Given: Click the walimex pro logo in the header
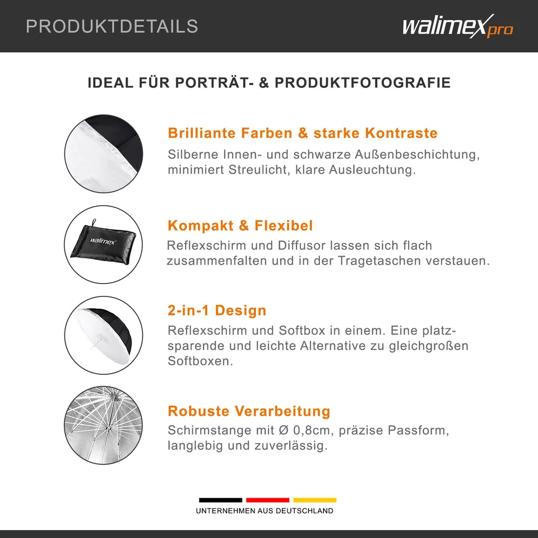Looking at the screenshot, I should (457, 27).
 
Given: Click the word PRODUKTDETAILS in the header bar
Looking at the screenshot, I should (112, 26).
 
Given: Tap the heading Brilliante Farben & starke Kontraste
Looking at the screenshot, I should (303, 133).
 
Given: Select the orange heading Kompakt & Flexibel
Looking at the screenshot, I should (240, 226).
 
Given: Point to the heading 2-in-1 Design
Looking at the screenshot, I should (217, 310).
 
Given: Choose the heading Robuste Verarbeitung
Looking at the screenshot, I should (249, 411).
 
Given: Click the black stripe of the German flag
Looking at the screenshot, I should (221, 499).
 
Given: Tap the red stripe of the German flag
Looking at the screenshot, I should (268, 499).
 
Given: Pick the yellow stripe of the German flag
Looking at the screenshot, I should (315, 499).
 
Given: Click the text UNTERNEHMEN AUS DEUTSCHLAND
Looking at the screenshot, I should (265, 511).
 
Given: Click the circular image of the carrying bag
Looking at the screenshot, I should (104, 244).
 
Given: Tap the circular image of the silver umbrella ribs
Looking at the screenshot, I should (104, 425).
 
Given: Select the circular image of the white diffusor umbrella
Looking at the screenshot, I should (104, 335).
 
